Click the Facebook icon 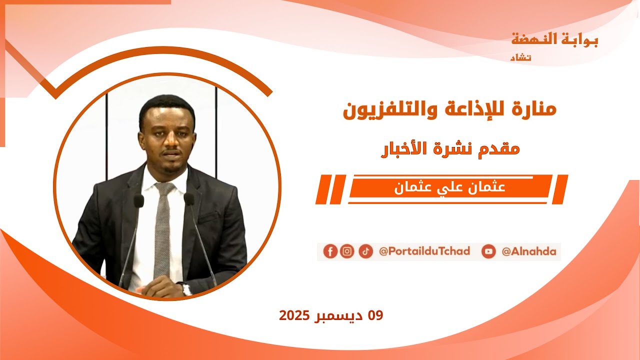(x=330, y=251)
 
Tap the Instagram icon (x=347, y=251)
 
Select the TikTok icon (x=365, y=251)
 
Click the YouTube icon (x=488, y=251)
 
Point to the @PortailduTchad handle (x=424, y=251)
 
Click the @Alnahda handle (x=529, y=251)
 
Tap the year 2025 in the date (x=295, y=315)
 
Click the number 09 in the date (x=375, y=315)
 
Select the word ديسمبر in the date (x=340, y=315)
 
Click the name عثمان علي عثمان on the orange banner (x=450, y=188)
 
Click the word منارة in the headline (x=534, y=109)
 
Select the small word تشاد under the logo (x=520, y=57)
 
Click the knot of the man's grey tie (x=164, y=188)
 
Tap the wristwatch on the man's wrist (x=185, y=288)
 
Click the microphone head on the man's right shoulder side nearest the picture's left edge (x=138, y=200)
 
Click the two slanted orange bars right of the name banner (x=561, y=189)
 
